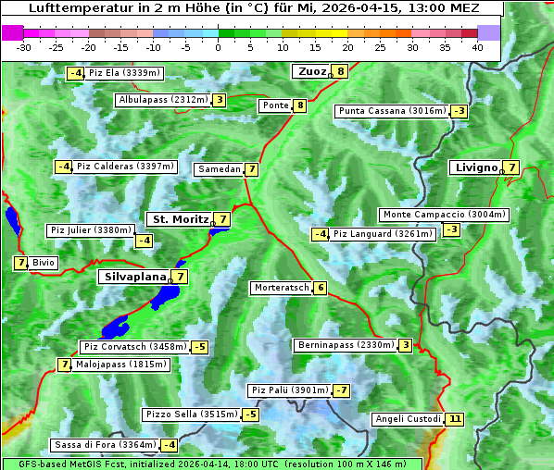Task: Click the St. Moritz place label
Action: [180, 219]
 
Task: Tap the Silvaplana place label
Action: [135, 276]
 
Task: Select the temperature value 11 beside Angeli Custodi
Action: [454, 419]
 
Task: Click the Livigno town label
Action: [475, 167]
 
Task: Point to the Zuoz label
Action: [310, 71]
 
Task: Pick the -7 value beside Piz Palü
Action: [341, 390]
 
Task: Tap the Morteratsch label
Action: [281, 288]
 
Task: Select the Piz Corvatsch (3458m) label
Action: [134, 347]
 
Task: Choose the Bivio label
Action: [44, 263]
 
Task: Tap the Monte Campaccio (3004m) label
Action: [443, 215]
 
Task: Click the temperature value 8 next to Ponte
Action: [299, 105]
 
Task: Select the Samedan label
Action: [219, 169]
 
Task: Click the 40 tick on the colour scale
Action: [477, 46]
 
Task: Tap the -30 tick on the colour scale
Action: [24, 46]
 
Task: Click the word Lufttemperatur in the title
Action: [71, 8]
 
